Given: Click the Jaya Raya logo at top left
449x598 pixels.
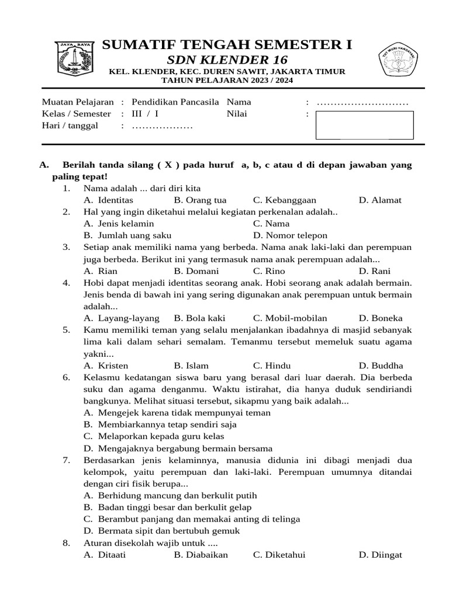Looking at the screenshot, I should coord(74,58).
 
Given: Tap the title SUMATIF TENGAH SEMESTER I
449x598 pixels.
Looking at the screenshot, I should coord(227,46).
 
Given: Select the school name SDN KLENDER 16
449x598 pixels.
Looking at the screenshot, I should coord(227,60).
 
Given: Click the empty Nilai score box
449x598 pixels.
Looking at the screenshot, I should coord(364,125).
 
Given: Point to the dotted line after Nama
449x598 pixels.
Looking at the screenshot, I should coord(362,103).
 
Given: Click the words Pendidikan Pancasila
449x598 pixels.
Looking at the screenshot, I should coord(175,102).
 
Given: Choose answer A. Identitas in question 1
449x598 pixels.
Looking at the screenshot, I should coord(108,200).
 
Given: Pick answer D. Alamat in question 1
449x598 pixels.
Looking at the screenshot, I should coord(380,200).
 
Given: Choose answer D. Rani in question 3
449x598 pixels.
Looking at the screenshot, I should coord(371,271).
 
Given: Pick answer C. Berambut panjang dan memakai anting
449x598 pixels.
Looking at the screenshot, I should coord(191,519).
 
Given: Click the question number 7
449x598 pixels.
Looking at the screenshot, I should coord(66,460).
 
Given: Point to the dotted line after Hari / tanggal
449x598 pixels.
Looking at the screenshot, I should coord(162,126).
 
